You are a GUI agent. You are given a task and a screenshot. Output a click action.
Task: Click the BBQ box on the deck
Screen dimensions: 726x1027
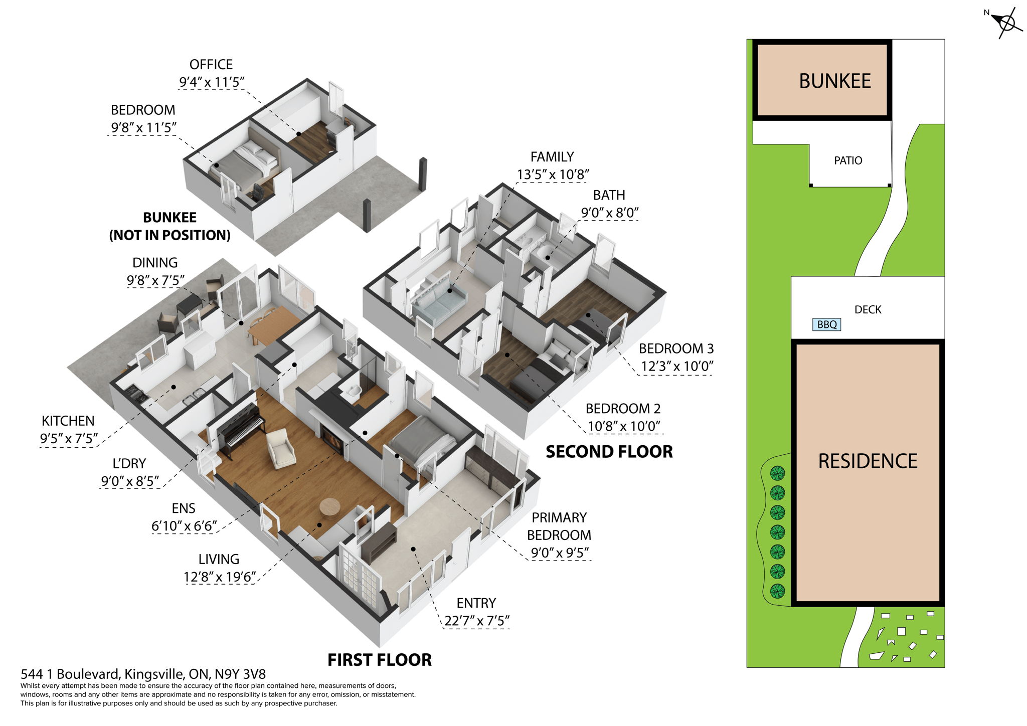[x=826, y=324]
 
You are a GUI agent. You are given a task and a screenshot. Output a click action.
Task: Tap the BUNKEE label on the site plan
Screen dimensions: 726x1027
[x=834, y=81]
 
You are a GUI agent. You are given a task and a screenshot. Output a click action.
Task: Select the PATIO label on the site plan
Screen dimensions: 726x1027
[x=848, y=160]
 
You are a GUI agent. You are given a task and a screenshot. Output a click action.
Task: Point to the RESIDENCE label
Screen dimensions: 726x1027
[x=868, y=461]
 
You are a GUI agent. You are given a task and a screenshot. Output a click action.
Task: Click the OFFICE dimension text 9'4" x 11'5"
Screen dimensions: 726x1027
[x=211, y=82]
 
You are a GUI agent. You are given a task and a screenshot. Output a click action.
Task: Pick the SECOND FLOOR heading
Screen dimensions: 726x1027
[x=609, y=452]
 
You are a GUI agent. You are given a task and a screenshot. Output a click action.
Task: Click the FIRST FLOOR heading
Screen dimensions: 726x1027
[x=379, y=660]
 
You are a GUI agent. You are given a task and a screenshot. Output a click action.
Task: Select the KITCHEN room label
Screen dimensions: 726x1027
[x=68, y=421]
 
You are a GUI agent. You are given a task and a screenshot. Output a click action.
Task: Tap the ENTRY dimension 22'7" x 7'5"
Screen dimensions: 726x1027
[x=476, y=621]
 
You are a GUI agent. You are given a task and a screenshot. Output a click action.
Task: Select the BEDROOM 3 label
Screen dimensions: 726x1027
[x=676, y=348]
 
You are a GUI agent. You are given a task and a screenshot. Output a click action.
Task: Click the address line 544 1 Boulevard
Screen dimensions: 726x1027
[x=143, y=674]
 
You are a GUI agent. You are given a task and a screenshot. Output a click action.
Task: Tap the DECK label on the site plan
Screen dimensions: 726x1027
[x=868, y=310]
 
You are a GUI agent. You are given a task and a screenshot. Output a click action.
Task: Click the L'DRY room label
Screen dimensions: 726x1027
[x=129, y=463]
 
